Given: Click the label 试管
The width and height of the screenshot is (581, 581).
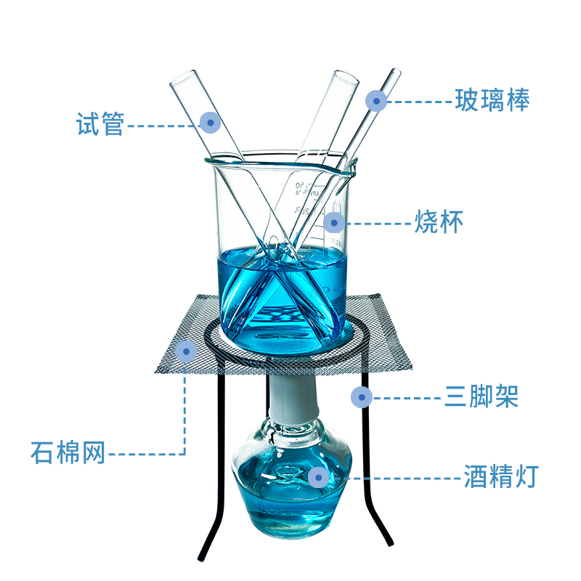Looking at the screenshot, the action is click(101, 123).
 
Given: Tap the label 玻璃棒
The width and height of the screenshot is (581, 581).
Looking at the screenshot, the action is click(492, 100).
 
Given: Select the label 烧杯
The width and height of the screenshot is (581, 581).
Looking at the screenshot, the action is click(438, 222).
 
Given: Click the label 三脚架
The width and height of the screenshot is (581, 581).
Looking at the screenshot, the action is click(481, 397).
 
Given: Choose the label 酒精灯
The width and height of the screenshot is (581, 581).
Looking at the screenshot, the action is click(500, 477).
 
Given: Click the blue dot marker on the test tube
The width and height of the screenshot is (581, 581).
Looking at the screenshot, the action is click(210, 122).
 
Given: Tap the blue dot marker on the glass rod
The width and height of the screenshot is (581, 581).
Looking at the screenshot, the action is click(375, 100).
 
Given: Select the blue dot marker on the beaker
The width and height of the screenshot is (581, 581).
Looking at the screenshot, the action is click(333, 222).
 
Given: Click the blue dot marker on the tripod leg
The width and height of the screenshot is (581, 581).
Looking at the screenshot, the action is click(361, 397).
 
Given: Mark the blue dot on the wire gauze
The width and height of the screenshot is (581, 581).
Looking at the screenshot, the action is click(186, 352).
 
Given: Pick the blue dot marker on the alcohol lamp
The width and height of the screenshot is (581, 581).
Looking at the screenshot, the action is click(317, 477).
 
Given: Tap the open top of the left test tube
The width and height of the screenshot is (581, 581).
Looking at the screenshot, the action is click(184, 77).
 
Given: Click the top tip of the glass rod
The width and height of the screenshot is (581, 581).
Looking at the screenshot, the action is click(396, 72).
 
